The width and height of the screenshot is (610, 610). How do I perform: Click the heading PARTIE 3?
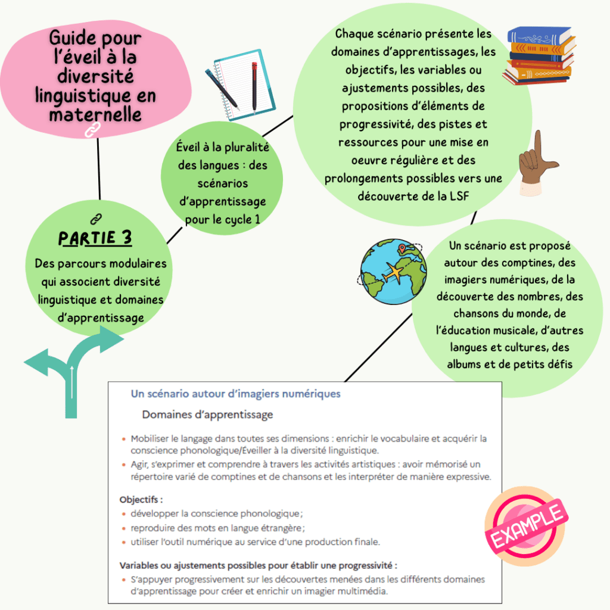tap(95, 238)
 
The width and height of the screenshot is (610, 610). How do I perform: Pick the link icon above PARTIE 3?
tap(95, 219)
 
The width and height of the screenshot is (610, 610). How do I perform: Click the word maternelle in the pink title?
tap(96, 114)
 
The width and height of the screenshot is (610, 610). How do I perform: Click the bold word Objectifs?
tap(141, 500)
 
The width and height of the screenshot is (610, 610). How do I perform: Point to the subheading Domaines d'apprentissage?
tap(207, 414)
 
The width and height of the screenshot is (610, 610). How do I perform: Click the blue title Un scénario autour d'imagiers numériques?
tap(235, 394)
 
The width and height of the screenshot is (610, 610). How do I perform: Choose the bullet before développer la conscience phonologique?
tap(124, 514)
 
